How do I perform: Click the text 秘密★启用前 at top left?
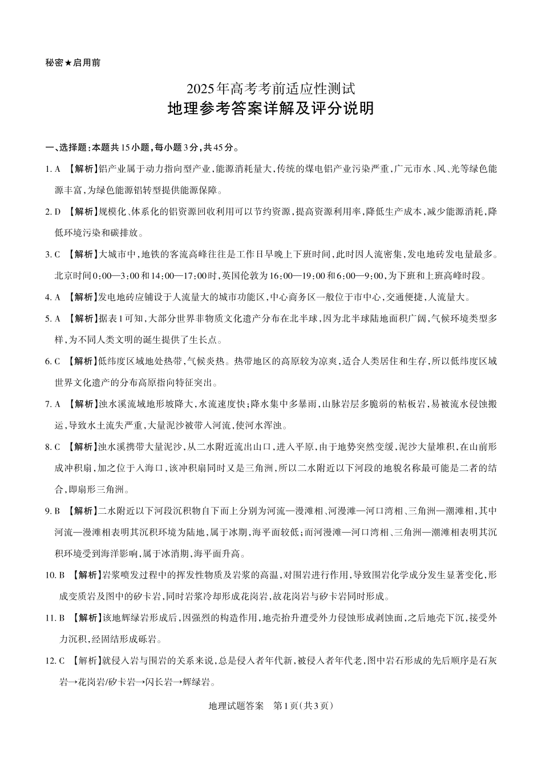[x=72, y=63]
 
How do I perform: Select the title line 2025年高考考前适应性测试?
[x=271, y=88]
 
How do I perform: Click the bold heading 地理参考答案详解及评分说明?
[x=271, y=108]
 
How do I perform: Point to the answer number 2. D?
[x=52, y=212]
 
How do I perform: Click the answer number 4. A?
[x=52, y=297]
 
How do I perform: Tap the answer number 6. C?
[x=52, y=361]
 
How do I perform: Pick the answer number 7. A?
[x=52, y=404]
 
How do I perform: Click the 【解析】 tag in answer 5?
[x=80, y=319]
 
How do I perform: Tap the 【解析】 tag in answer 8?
[x=80, y=446]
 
